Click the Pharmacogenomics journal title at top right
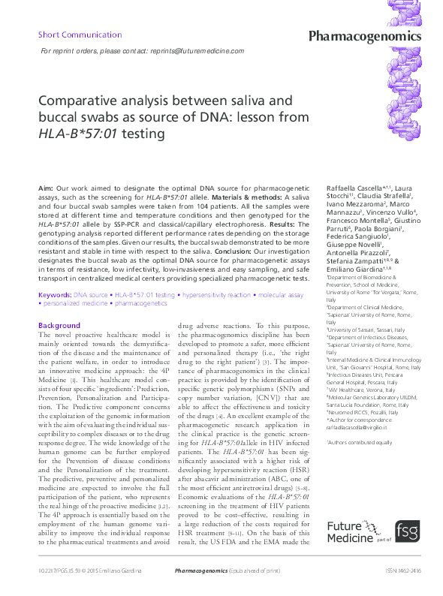pyautogui.click(x=375, y=37)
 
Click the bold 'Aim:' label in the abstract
pyautogui.click(x=47, y=185)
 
